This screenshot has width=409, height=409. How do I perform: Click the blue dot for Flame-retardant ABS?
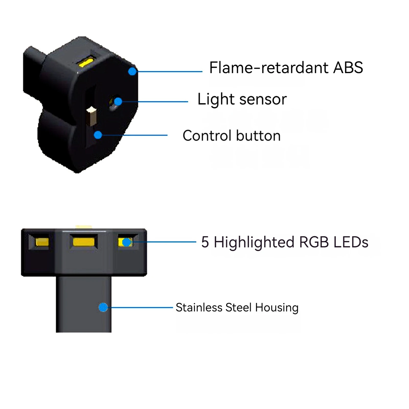coord(132,71)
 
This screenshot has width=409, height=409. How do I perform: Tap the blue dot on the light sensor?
coord(118,101)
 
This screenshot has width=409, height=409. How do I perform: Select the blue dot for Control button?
coord(98,135)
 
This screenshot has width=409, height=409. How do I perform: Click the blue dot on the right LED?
coord(126,242)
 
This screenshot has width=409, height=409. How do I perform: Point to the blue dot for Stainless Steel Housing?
coord(103,307)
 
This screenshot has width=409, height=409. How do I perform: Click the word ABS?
coord(348,67)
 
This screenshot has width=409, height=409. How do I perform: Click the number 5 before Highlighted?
coord(205,242)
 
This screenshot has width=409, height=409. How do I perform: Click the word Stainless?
coord(199,307)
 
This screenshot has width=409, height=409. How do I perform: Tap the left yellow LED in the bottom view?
coord(42,242)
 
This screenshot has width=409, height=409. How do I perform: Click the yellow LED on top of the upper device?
coord(86,62)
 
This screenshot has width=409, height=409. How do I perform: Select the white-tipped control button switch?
coord(91,116)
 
